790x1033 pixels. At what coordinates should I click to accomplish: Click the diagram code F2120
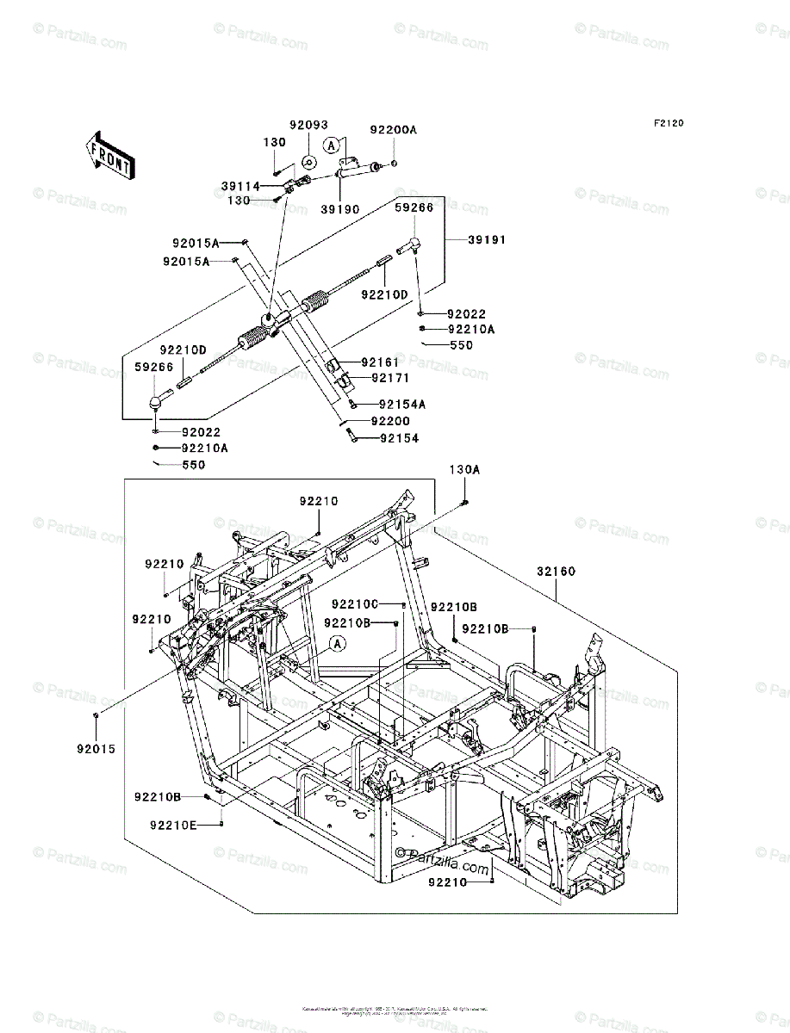668,124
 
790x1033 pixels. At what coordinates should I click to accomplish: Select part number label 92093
308,126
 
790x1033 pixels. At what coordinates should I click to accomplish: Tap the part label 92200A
393,130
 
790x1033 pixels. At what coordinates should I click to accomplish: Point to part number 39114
239,186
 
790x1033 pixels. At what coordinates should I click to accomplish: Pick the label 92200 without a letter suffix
390,422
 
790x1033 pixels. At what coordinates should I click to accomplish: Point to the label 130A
463,469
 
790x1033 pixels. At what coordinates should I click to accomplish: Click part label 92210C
357,605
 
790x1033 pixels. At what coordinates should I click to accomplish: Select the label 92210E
173,825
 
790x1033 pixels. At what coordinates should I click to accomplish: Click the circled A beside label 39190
332,146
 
